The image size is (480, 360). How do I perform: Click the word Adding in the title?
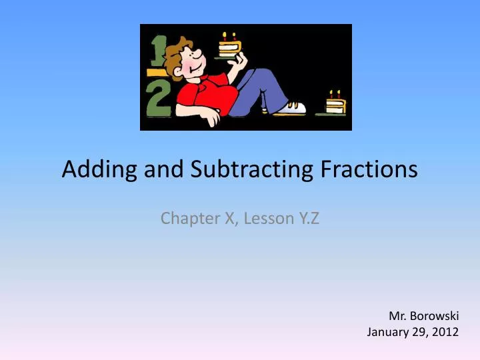pyautogui.click(x=94, y=170)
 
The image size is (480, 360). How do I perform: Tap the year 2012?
pyautogui.click(x=445, y=331)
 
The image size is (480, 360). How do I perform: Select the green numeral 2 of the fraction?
pyautogui.click(x=158, y=101)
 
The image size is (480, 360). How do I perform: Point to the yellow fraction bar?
pyautogui.click(x=157, y=71)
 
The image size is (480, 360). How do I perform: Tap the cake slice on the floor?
pyautogui.click(x=335, y=105)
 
